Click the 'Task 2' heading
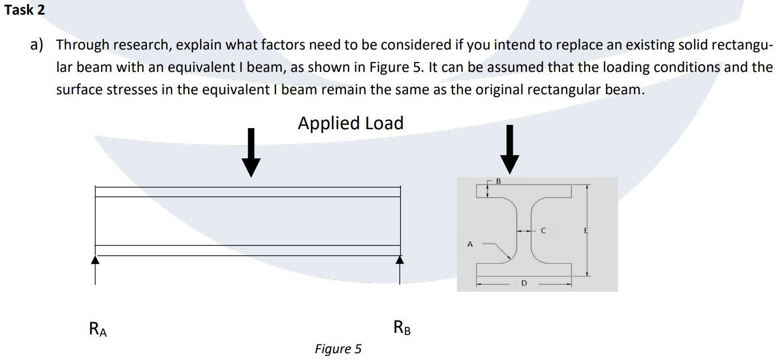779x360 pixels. (x=24, y=9)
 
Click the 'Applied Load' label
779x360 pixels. (x=350, y=123)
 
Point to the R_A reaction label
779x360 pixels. (x=98, y=329)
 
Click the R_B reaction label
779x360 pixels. (x=402, y=328)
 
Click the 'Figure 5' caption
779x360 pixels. (x=338, y=349)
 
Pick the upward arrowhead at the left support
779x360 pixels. (x=95, y=259)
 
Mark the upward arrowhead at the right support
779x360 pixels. (x=400, y=259)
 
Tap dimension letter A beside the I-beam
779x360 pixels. (x=470, y=243)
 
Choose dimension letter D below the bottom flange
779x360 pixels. (x=524, y=283)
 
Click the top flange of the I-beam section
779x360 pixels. (x=524, y=191)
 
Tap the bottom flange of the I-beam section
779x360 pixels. (x=524, y=270)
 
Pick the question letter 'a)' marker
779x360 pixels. (x=36, y=45)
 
